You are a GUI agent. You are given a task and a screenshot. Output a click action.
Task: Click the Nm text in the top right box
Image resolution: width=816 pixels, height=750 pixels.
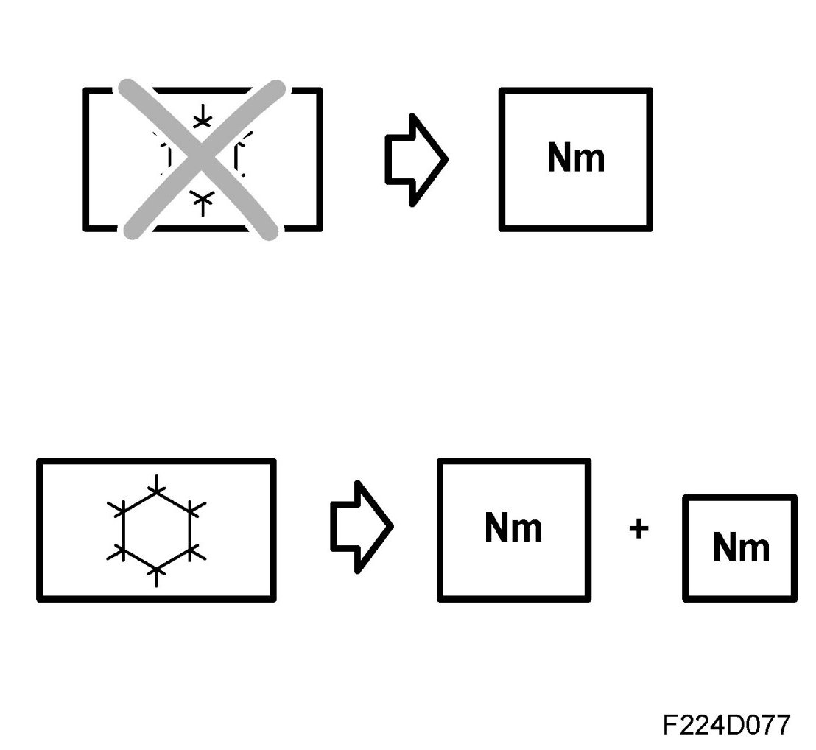click(575, 158)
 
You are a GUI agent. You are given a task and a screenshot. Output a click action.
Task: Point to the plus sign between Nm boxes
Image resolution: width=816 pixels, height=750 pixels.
click(639, 528)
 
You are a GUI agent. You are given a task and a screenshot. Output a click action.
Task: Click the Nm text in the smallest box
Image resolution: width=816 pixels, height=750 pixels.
click(740, 547)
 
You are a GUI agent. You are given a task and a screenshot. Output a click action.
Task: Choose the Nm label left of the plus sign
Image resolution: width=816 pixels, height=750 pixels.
click(513, 528)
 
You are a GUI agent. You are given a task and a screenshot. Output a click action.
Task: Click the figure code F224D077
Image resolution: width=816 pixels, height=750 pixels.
click(726, 725)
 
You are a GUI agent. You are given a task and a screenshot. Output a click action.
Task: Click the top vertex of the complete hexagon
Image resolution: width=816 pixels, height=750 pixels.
click(156, 489)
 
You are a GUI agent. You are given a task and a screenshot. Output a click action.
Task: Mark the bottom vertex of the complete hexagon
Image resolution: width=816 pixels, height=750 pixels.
click(156, 569)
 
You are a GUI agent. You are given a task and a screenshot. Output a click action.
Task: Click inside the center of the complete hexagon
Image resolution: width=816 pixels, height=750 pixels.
click(156, 529)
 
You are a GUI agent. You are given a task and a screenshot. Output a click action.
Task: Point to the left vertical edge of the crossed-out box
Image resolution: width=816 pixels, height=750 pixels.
click(86, 159)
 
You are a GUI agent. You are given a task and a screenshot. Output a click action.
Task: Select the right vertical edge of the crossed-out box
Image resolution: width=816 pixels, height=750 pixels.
click(319, 159)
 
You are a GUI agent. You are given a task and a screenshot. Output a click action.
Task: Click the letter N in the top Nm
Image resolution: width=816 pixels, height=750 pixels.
click(560, 158)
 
